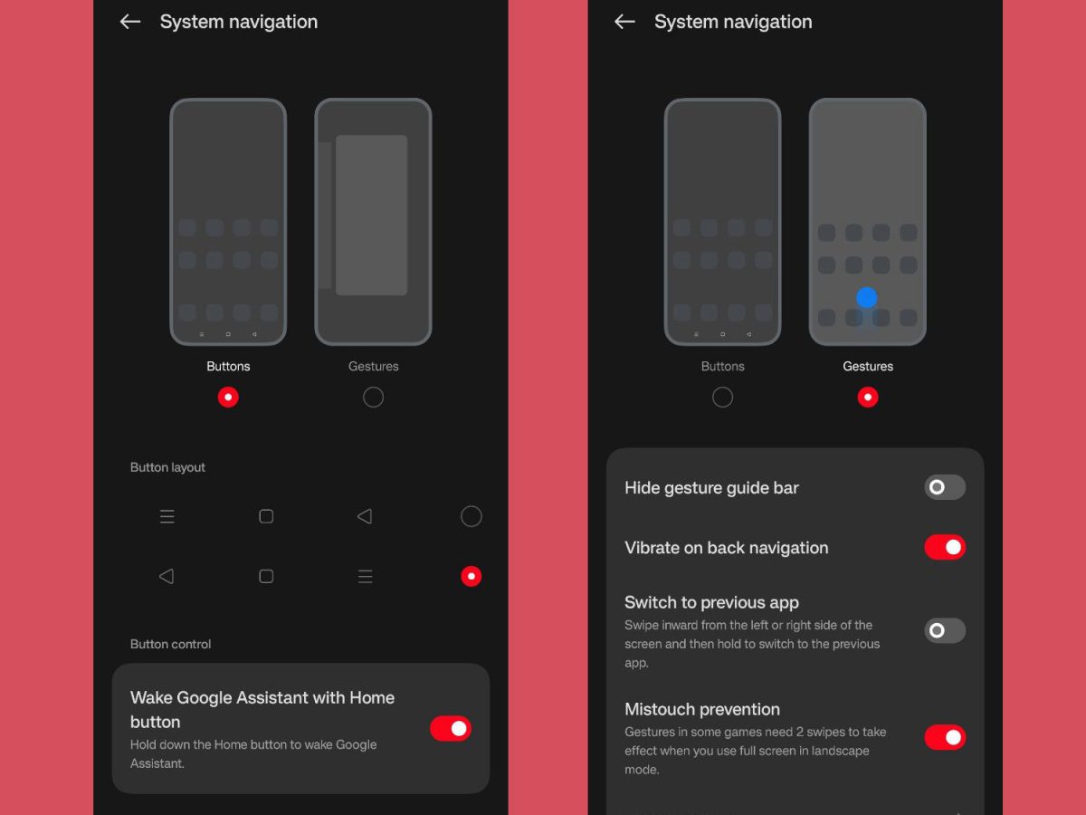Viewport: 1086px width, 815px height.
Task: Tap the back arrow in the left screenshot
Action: pyautogui.click(x=130, y=22)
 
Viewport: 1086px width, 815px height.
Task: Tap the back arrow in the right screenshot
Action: pyautogui.click(x=624, y=22)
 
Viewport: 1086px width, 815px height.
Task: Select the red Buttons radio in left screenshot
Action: pyautogui.click(x=228, y=397)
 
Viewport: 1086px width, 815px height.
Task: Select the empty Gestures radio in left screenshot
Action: pyautogui.click(x=373, y=397)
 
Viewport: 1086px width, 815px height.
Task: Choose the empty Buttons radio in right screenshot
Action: pyautogui.click(x=722, y=397)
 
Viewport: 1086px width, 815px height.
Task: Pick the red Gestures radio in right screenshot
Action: pyautogui.click(x=868, y=397)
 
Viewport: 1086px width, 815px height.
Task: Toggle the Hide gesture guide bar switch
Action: pyautogui.click(x=945, y=487)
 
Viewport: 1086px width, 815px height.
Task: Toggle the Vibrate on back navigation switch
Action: pyautogui.click(x=945, y=547)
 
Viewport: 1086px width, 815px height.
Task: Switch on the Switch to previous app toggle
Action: pyautogui.click(x=945, y=630)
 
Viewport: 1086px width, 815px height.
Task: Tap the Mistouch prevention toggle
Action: pyautogui.click(x=945, y=737)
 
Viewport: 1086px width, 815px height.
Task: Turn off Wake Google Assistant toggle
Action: pyautogui.click(x=450, y=728)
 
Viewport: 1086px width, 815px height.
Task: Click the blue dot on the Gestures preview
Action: pyautogui.click(x=867, y=297)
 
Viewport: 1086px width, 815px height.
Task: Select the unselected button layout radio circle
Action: pyautogui.click(x=471, y=516)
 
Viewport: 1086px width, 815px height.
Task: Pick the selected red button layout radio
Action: pyautogui.click(x=471, y=576)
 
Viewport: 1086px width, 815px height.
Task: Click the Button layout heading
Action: pyautogui.click(x=167, y=467)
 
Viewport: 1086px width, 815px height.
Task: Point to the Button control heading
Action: pyautogui.click(x=170, y=644)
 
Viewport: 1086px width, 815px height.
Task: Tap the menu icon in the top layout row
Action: pyautogui.click(x=167, y=516)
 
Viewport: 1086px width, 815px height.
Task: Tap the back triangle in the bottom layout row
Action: pyautogui.click(x=167, y=576)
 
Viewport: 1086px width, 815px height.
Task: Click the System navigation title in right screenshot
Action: pyautogui.click(x=733, y=22)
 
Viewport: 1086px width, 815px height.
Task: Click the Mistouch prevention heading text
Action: pyautogui.click(x=702, y=709)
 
